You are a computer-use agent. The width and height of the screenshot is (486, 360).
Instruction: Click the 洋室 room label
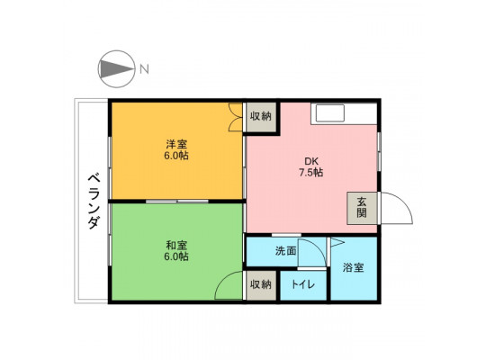pos(176,145)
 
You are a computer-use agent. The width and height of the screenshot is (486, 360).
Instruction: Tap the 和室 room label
pos(176,246)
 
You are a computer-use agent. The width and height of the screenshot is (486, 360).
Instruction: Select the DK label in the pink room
pos(311,161)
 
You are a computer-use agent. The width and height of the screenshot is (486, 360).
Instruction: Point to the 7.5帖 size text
pos(310,172)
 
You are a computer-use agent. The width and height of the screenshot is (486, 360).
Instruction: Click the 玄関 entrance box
pos(362,208)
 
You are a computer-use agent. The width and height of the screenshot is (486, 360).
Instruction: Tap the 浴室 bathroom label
pos(353,267)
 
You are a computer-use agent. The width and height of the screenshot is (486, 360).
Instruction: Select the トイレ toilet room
pos(303,285)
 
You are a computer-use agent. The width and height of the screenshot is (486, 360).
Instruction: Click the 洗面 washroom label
pos(285,251)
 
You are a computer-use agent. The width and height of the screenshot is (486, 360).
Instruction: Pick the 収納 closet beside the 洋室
pos(260,117)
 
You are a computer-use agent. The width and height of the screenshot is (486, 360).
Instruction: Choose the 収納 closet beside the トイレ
pos(261,285)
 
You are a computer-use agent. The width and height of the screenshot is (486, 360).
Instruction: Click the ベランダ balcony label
pos(94,202)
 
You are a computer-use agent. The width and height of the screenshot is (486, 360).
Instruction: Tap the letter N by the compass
pos(144,68)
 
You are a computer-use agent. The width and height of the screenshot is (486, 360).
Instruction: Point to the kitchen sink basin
pos(329,113)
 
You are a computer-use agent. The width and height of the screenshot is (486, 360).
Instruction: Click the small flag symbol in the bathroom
pos(337,242)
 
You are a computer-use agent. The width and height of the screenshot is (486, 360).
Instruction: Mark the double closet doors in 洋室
pos(235,117)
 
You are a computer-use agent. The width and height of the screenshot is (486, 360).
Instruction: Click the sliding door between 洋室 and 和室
pos(177,202)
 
